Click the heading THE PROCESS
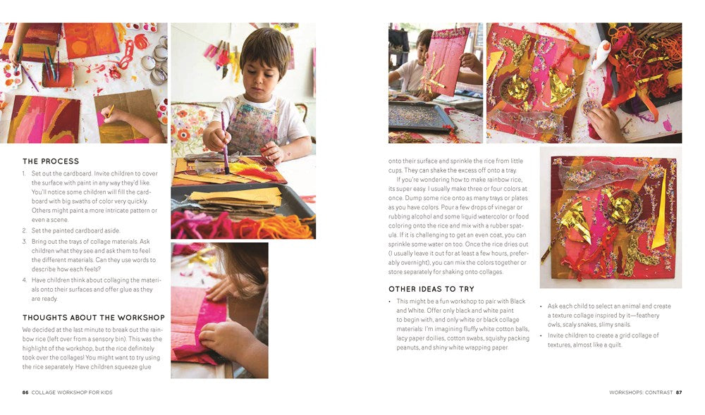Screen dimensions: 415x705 point(51,161)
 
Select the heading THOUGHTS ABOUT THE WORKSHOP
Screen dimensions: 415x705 point(93,318)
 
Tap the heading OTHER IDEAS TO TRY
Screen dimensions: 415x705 point(431,289)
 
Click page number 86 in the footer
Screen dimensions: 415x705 point(25,392)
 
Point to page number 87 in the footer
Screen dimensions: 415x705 point(678,392)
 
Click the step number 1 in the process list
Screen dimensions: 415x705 point(25,173)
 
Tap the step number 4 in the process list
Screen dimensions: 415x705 point(25,280)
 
